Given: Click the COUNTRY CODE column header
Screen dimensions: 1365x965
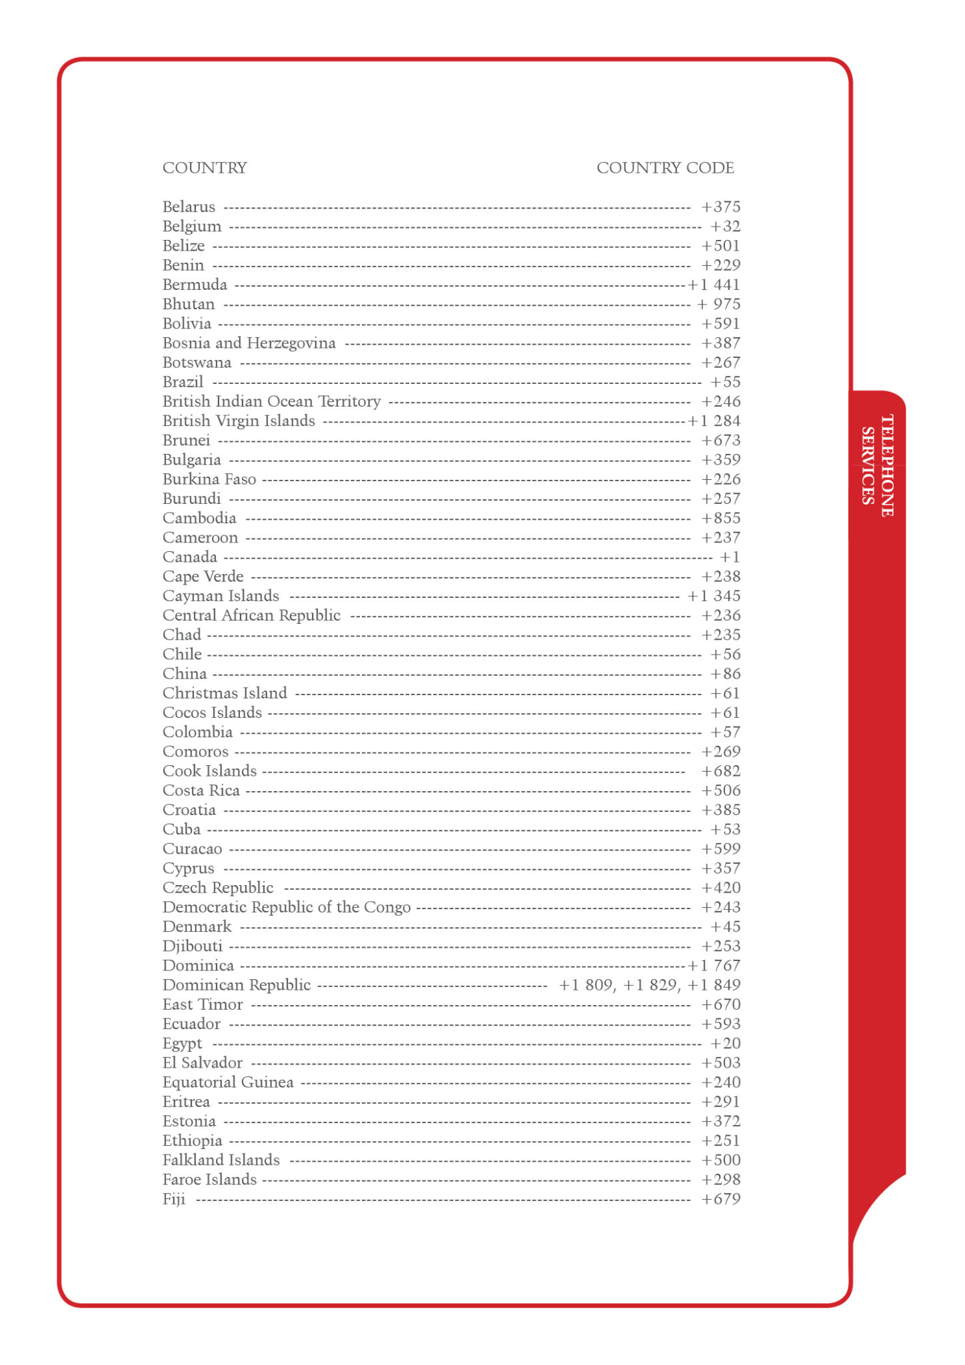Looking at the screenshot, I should click(x=664, y=168).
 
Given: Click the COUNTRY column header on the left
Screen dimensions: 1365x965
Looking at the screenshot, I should click(x=205, y=168).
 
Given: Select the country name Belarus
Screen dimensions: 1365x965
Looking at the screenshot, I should click(x=189, y=207).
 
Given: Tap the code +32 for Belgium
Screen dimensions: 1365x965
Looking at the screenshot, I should click(x=725, y=227).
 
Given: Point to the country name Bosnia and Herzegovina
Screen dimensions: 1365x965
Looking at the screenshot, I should click(x=249, y=343).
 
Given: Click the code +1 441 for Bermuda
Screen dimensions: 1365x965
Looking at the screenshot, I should click(x=714, y=285).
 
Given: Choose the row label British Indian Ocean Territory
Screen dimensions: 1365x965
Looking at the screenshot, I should click(x=271, y=402).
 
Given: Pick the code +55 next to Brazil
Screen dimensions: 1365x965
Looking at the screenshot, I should click(x=725, y=383).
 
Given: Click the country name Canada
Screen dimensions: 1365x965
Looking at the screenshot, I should click(x=189, y=557).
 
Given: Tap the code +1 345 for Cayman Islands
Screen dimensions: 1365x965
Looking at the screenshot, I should click(x=714, y=597).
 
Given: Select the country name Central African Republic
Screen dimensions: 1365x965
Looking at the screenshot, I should click(x=251, y=616).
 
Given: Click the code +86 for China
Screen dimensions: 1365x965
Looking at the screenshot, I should click(x=725, y=674).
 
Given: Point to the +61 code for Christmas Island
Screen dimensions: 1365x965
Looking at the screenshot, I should click(x=725, y=694).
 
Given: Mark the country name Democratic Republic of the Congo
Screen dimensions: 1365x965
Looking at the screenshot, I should click(x=287, y=908).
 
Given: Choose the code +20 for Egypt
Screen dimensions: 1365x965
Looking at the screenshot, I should click(x=725, y=1044).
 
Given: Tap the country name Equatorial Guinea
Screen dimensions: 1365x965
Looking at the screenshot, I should click(x=228, y=1082).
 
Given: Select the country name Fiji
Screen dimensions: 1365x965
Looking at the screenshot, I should click(x=174, y=1200).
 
